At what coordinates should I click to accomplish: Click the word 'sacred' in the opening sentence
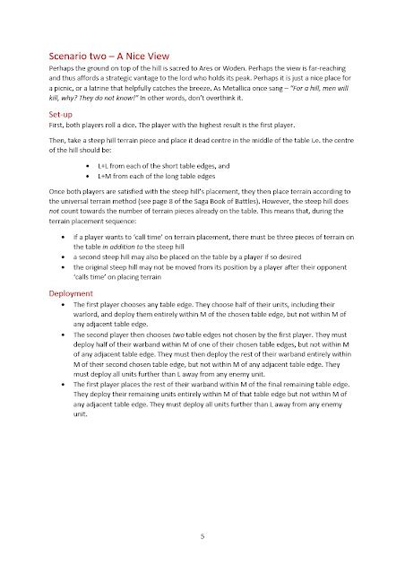tap(161, 67)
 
